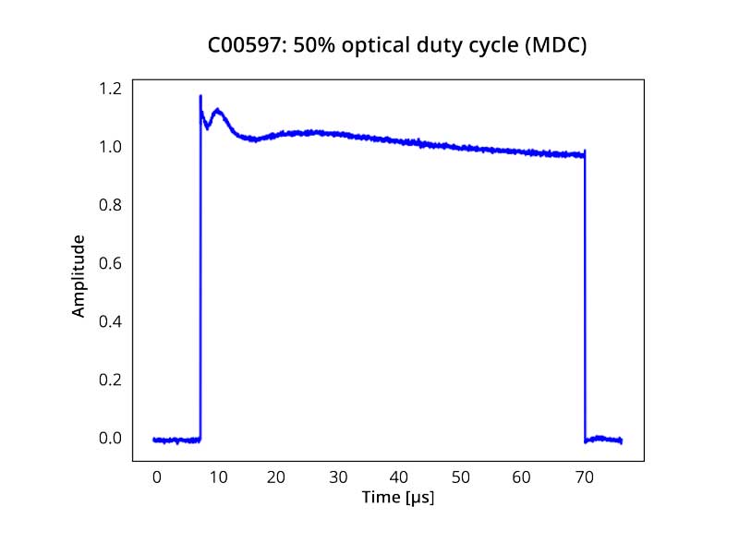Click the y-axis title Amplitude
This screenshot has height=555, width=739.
(x=79, y=276)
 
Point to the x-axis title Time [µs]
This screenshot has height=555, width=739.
(x=397, y=498)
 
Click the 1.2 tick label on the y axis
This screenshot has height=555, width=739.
(x=110, y=89)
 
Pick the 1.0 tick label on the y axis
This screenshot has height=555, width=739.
(x=110, y=147)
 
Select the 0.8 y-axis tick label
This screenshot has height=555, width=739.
(x=110, y=205)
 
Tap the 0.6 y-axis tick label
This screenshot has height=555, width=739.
(x=110, y=263)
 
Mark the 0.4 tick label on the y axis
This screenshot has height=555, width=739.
(x=110, y=321)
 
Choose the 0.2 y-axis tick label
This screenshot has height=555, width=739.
(x=110, y=380)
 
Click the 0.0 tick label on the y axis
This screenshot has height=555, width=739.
(x=110, y=438)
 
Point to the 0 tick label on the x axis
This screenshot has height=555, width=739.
(x=156, y=477)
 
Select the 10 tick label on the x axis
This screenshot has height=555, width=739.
(x=217, y=477)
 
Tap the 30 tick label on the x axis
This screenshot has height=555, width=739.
(x=339, y=477)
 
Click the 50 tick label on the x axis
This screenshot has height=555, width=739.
(x=461, y=477)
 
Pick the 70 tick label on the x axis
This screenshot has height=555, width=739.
(x=583, y=477)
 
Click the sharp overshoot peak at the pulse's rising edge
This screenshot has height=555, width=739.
(x=200, y=96)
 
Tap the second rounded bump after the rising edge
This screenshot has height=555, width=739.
(x=218, y=110)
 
